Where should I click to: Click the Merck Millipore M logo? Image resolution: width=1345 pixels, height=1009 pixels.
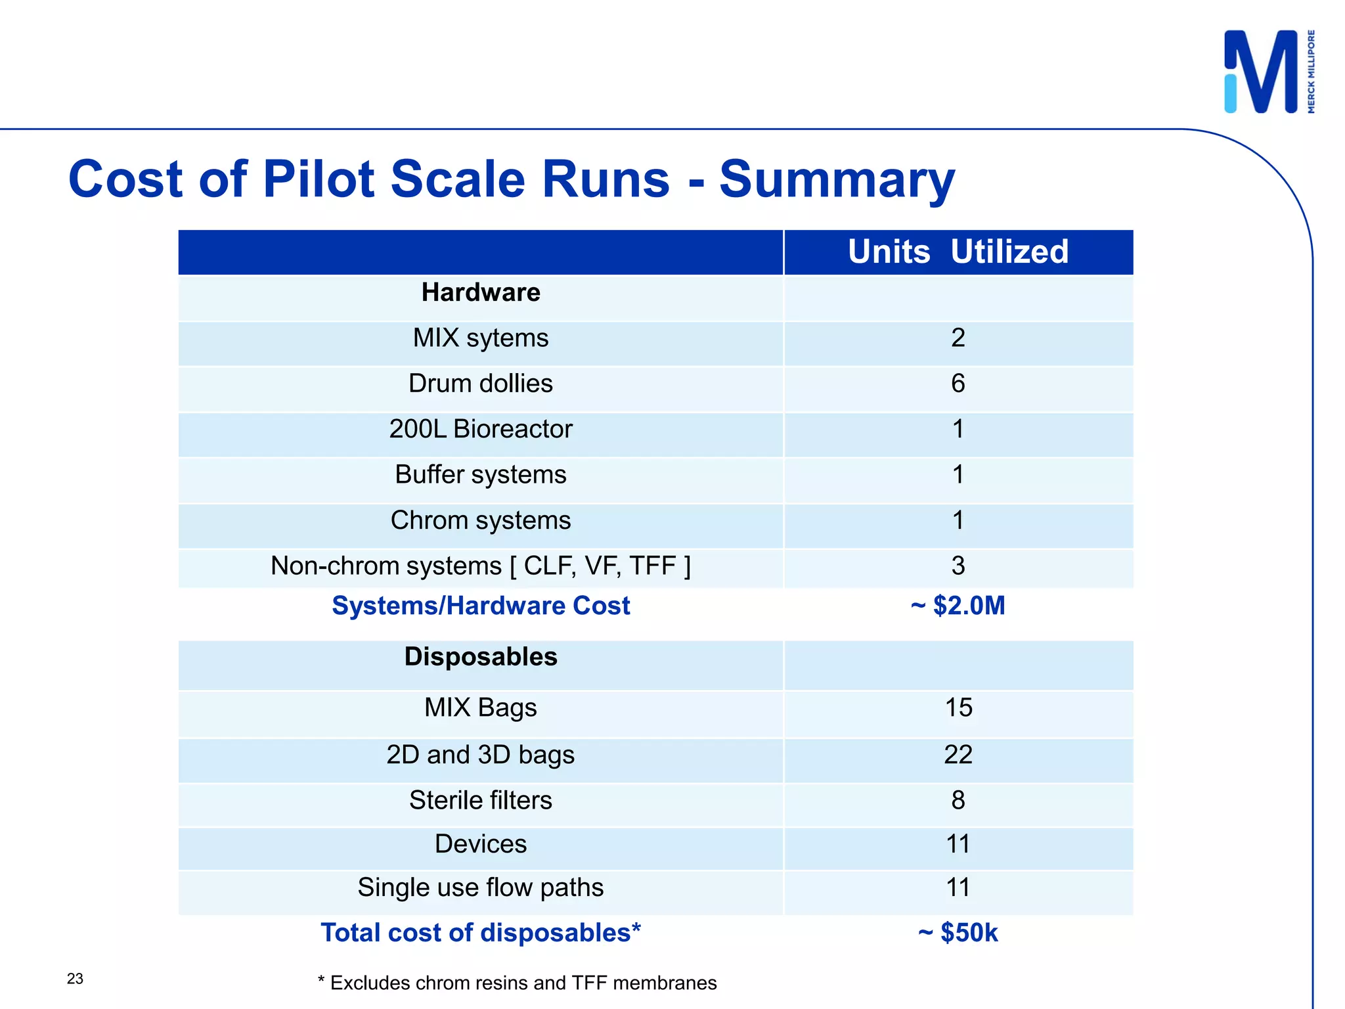1262,72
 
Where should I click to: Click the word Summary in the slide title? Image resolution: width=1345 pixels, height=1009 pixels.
837,179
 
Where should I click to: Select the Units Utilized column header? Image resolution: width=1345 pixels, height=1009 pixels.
958,252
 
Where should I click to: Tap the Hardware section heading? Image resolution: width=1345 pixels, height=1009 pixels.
481,292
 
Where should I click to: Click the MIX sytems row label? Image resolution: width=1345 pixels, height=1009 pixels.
481,338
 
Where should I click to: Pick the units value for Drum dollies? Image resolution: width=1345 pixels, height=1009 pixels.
958,384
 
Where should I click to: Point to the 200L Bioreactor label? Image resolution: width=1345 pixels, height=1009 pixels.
481,429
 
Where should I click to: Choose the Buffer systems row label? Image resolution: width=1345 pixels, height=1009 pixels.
481,474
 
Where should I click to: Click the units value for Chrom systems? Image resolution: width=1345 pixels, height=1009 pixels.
958,520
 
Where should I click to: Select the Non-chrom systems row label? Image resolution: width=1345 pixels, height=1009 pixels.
481,566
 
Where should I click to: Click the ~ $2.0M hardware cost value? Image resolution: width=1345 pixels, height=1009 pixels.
958,606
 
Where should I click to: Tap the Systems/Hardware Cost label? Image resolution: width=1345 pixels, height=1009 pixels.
481,606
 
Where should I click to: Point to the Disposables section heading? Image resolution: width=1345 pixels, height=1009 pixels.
481,657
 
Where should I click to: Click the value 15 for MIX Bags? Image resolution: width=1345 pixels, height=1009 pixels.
958,707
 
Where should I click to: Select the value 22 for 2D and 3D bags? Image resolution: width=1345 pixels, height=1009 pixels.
958,754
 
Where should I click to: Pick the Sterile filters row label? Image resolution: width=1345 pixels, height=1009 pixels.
481,800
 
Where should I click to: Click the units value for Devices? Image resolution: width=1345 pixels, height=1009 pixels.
958,844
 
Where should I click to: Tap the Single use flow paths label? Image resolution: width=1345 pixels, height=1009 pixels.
481,887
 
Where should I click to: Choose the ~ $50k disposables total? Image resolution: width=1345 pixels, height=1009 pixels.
958,933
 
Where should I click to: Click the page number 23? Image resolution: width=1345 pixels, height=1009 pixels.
75,979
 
